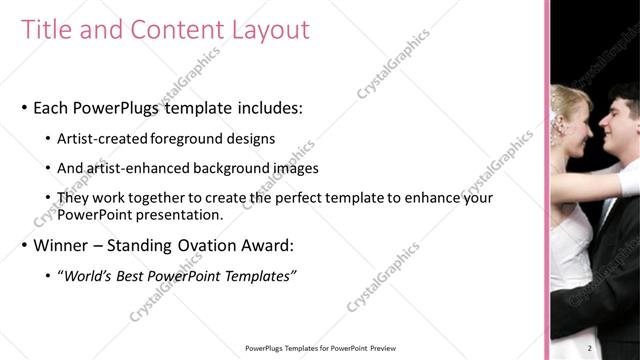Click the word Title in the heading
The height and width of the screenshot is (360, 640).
click(x=44, y=30)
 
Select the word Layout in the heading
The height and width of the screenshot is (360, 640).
click(x=267, y=30)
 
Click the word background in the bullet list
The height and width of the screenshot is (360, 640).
click(x=240, y=169)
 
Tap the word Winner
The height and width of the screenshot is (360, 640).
click(x=64, y=245)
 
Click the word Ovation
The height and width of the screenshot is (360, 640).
click(x=220, y=245)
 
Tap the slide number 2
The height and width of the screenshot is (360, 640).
click(x=590, y=348)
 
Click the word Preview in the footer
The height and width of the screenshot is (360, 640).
click(x=388, y=348)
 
